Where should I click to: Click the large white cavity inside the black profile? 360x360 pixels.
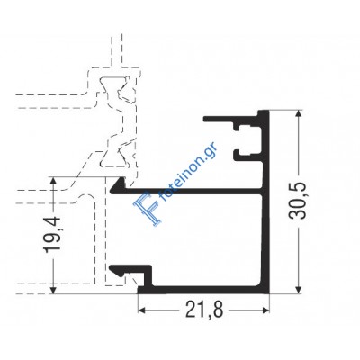tap(207, 238)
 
